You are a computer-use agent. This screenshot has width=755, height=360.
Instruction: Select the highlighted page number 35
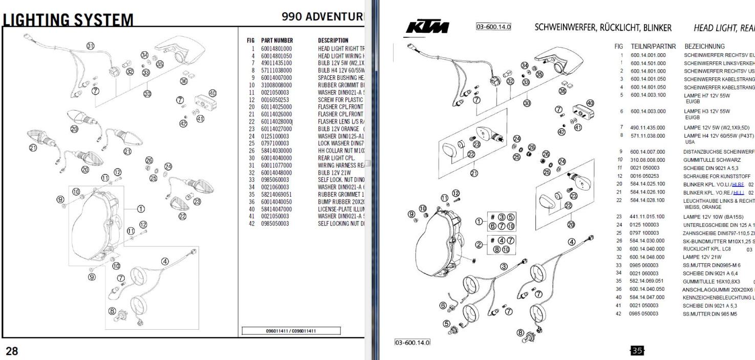click(637, 350)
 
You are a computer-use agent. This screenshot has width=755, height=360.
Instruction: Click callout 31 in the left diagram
click(91, 46)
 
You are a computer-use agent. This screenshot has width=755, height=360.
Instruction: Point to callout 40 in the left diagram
click(213, 93)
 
